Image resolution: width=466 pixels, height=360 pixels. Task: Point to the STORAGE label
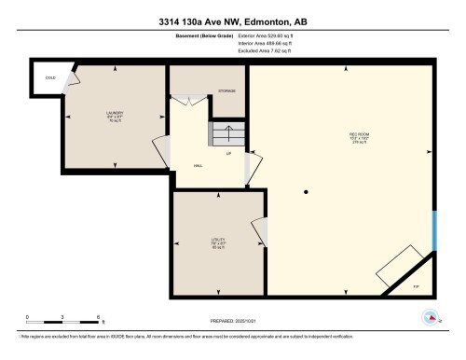[x=227, y=91]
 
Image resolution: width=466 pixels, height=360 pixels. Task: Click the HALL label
[x=198, y=165]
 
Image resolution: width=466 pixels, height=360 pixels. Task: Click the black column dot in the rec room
[x=307, y=192]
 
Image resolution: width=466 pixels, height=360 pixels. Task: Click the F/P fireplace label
[x=416, y=285]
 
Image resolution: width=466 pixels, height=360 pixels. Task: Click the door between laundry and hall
[x=159, y=148]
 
